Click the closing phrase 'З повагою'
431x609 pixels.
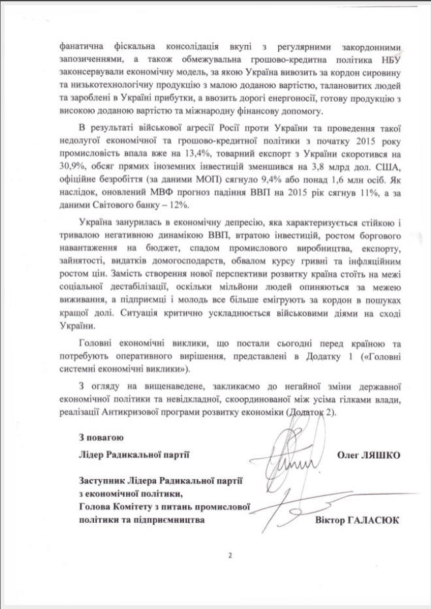click(x=99, y=437)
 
